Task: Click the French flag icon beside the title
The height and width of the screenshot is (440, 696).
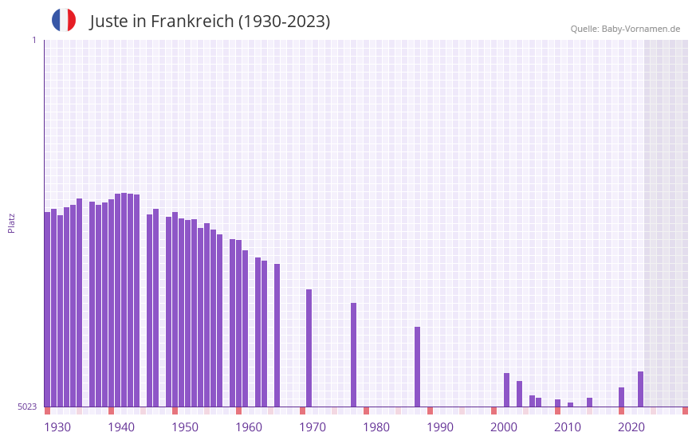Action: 64,20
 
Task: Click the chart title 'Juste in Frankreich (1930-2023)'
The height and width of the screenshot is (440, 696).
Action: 210,22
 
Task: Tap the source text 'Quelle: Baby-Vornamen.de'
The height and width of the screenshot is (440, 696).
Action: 625,29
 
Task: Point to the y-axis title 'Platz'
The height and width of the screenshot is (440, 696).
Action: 11,222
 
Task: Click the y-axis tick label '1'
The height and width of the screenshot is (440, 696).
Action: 33,40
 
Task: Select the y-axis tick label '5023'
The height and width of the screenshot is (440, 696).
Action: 27,407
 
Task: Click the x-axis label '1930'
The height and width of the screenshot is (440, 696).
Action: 57,427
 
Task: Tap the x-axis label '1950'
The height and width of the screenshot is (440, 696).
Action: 185,427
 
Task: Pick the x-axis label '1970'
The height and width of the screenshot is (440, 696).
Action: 313,427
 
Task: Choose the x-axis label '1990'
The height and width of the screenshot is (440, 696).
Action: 440,427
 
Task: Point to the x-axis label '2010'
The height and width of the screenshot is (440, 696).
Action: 568,427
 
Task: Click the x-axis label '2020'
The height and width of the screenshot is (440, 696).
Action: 631,427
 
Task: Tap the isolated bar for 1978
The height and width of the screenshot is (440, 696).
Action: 353,355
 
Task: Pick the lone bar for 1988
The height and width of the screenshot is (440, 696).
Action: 417,367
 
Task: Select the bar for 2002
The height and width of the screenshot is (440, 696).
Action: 506,390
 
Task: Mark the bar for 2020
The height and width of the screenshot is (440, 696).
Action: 621,397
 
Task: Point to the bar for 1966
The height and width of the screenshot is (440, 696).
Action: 277,336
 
